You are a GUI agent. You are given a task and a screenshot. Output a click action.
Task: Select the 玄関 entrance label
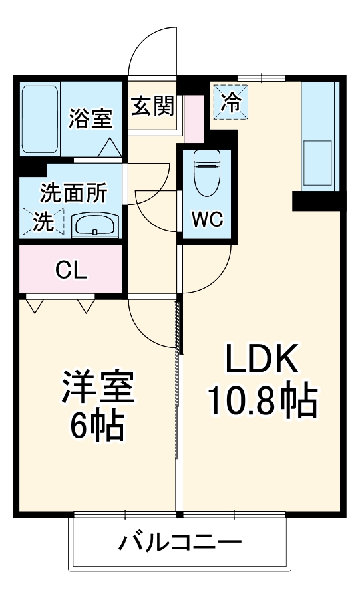152,106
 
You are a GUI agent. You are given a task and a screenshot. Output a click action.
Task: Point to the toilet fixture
206,172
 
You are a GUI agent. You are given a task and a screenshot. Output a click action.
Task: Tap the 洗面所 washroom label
73,193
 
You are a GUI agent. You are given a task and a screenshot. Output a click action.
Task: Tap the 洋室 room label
98,387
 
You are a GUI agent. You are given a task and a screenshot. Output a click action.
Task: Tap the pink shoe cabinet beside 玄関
193,118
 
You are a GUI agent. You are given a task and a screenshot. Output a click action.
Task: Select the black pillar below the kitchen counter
316,200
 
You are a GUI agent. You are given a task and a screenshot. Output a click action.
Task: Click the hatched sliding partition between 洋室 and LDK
178,326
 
